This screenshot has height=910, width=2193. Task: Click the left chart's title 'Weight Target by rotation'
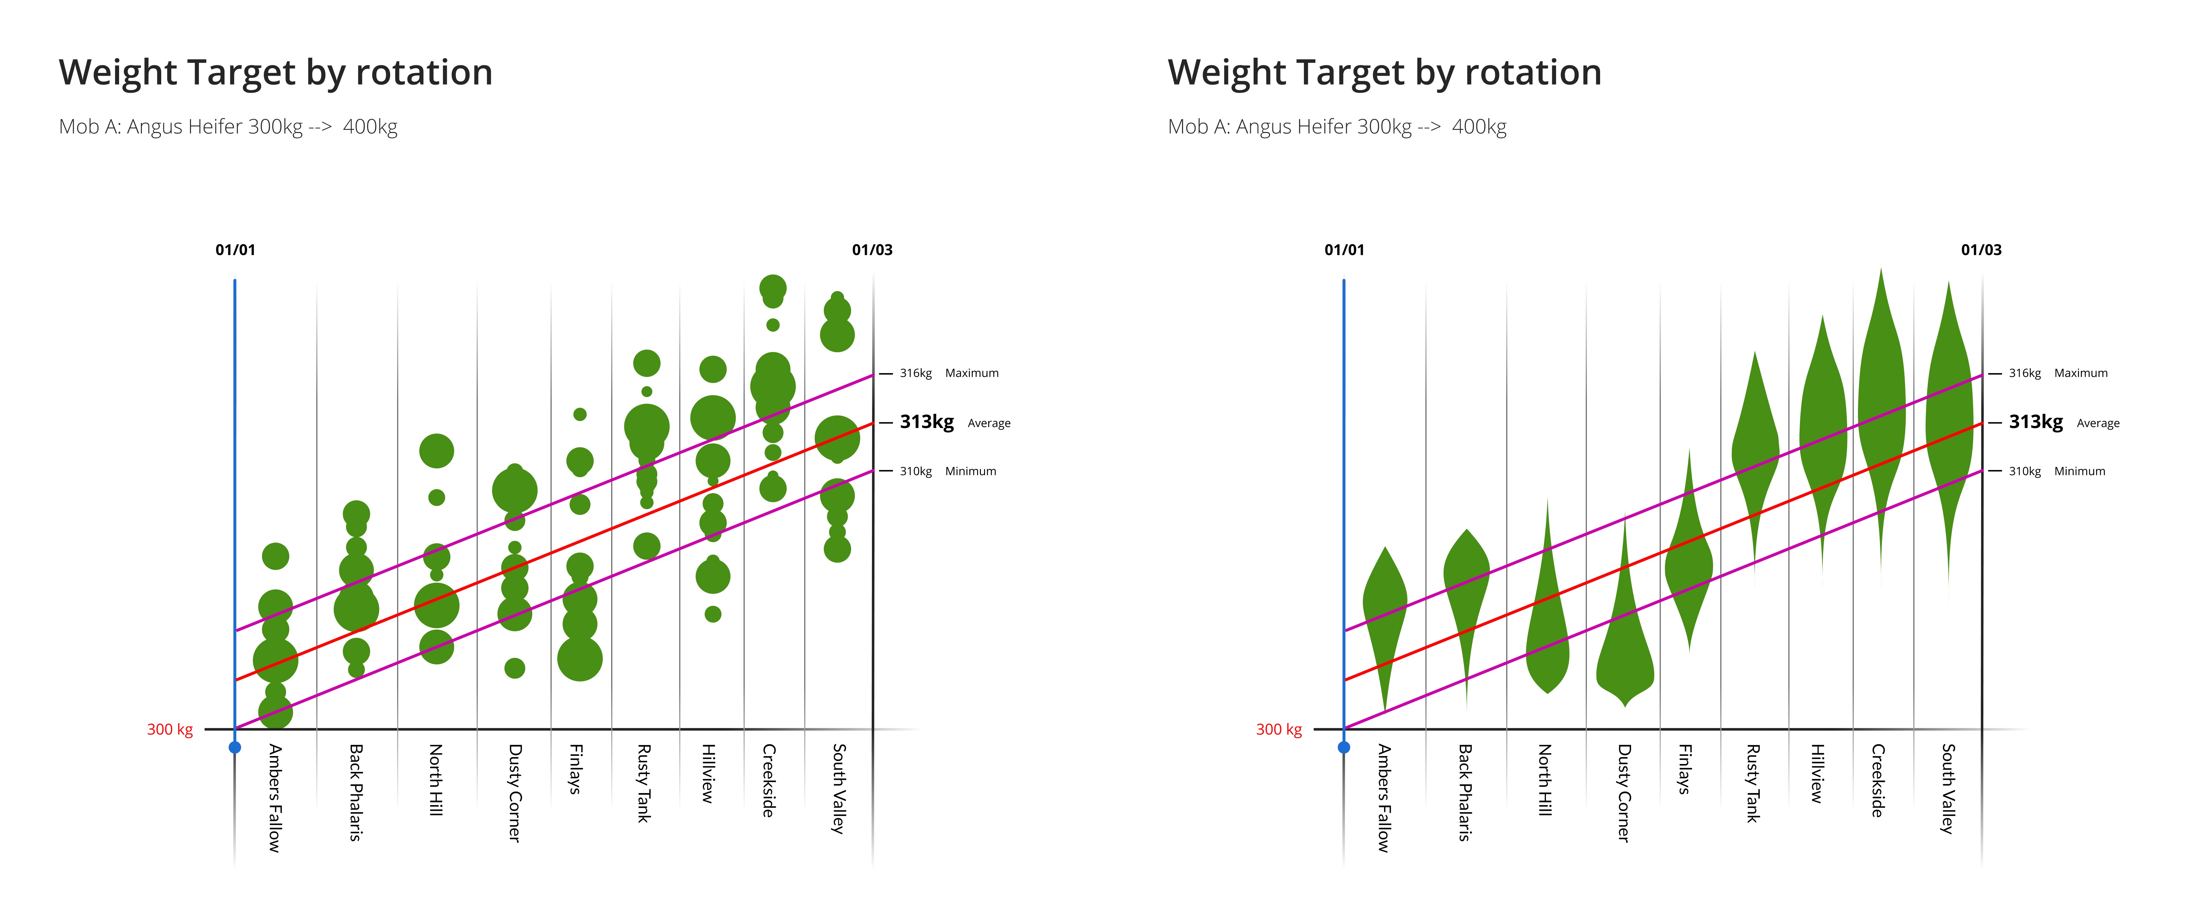click(x=275, y=72)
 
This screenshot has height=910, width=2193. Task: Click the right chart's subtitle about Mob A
click(x=1337, y=127)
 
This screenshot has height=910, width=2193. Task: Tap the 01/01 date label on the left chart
click(x=235, y=249)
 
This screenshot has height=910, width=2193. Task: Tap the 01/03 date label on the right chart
click(x=1981, y=249)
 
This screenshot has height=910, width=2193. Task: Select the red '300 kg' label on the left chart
click(x=169, y=729)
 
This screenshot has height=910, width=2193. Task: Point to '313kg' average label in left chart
click(x=926, y=422)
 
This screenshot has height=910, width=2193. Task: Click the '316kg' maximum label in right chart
click(x=2025, y=373)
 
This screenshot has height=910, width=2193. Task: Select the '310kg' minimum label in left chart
click(x=915, y=471)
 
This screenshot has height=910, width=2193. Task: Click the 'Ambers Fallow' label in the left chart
click(x=274, y=798)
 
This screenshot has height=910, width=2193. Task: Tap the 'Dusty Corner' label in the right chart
click(x=1624, y=792)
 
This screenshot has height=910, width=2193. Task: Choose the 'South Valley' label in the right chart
click(x=1947, y=788)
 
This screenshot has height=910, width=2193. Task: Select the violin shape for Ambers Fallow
click(x=1385, y=613)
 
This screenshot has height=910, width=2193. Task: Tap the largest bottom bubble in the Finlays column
click(x=580, y=658)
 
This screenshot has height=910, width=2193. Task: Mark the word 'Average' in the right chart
click(x=2098, y=423)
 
